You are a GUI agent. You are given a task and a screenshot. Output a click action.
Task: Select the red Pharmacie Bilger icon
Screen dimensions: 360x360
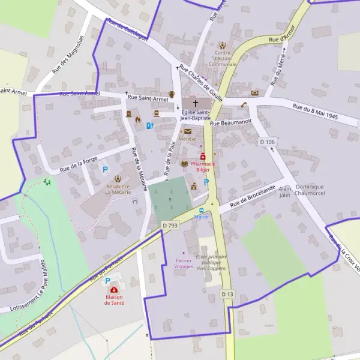pos(203,156)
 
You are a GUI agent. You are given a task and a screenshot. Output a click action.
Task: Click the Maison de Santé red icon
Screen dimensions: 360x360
pos(114,290)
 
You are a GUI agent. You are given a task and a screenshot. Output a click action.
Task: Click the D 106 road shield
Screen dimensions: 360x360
pos(268,142)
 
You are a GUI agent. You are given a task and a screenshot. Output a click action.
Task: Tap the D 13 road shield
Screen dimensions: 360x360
pos(226,294)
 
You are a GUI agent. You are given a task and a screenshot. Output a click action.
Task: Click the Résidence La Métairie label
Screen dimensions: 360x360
pos(117,189)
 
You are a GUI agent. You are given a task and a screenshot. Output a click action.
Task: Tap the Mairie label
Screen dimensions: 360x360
pos(201,217)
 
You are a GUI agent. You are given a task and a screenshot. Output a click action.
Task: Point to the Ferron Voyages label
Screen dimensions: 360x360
pos(183,263)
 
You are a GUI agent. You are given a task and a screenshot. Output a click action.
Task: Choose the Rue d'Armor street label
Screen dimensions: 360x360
pos(282,34)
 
